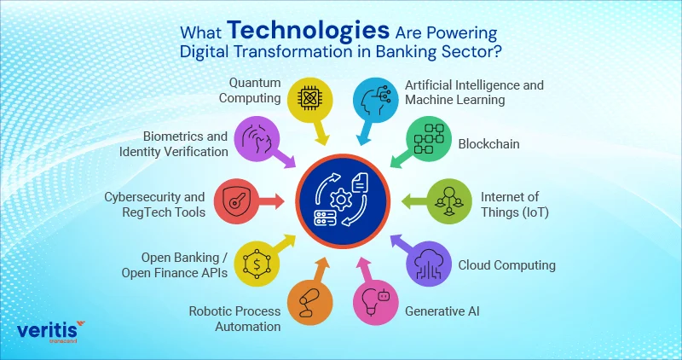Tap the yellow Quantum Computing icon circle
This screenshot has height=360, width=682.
(311, 99)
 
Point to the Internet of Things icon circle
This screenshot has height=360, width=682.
(447, 200)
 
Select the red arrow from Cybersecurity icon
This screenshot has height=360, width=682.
(275, 201)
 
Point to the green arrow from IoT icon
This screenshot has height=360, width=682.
(408, 201)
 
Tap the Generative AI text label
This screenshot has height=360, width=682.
(442, 311)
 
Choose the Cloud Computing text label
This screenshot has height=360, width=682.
(507, 264)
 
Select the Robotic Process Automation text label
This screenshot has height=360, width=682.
(234, 318)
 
